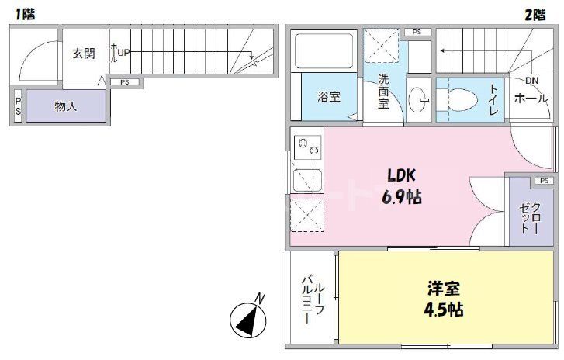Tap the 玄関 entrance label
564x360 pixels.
click(84, 54)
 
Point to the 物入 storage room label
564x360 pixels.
click(66, 106)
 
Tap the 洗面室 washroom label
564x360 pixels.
click(384, 92)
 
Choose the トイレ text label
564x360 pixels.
click(493, 100)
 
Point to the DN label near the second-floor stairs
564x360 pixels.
click(531, 81)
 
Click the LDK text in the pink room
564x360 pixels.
click(401, 175)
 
